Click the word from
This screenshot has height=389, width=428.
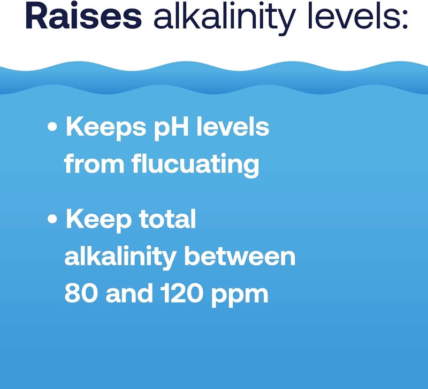[94, 165]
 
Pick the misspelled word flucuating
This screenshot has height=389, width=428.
[195, 166]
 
